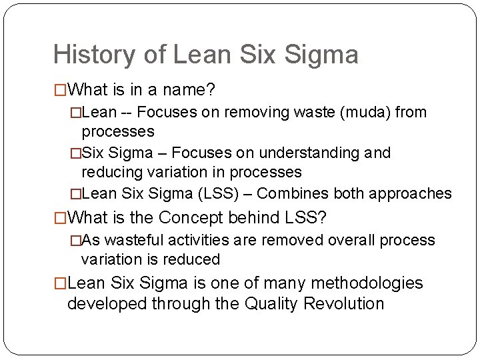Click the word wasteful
pos(136,240)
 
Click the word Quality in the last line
pos(273,304)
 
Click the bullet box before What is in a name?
pos(61,89)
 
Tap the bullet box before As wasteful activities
pos(76,240)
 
